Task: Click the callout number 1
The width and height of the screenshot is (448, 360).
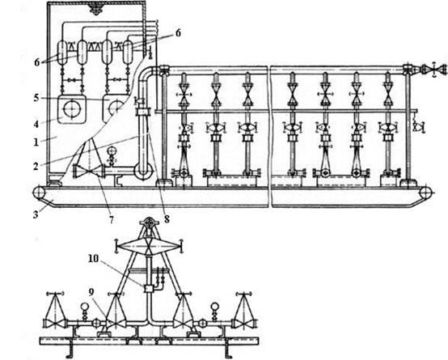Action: [36, 142]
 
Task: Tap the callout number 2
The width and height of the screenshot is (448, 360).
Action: [36, 166]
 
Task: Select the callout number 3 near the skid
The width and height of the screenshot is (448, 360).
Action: [36, 214]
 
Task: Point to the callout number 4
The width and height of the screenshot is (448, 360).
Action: [36, 125]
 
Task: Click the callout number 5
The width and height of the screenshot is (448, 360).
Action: [36, 98]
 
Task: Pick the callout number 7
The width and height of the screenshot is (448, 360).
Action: [111, 219]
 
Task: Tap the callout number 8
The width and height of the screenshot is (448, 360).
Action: [167, 219]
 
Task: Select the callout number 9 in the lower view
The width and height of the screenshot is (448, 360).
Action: [91, 293]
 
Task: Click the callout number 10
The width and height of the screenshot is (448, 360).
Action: [93, 259]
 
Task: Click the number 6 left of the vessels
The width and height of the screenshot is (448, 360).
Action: [37, 62]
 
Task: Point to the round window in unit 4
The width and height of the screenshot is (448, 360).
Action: [72, 109]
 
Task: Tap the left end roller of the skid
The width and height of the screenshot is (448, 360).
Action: [38, 193]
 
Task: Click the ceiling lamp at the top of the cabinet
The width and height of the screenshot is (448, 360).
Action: [96, 7]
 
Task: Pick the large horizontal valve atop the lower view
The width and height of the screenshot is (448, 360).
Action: [149, 246]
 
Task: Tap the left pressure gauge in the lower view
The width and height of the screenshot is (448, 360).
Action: [85, 307]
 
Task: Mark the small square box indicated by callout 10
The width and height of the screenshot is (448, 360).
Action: [148, 289]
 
